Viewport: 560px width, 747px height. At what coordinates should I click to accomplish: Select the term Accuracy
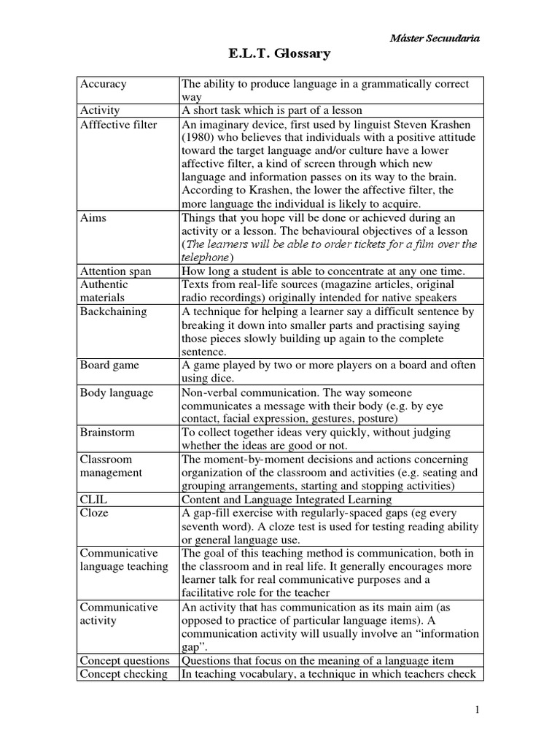click(104, 84)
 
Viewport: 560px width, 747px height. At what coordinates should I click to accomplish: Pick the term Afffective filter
click(118, 124)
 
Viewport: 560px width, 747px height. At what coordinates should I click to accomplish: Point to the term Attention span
click(117, 271)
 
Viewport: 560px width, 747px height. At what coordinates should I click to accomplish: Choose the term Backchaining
click(114, 311)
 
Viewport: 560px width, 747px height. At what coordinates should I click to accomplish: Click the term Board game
click(109, 365)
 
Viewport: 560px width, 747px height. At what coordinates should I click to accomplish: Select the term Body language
click(117, 392)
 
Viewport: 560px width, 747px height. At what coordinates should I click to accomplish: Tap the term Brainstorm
click(107, 432)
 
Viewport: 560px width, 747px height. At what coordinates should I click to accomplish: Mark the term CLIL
click(94, 500)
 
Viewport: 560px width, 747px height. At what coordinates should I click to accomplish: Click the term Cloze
click(95, 513)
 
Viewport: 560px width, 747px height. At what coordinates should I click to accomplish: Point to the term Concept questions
click(125, 660)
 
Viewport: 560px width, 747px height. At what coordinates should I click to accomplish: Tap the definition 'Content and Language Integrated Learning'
click(287, 500)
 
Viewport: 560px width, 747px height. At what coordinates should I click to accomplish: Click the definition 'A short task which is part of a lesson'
click(271, 111)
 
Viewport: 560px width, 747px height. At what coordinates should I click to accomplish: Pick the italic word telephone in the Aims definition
click(206, 258)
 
